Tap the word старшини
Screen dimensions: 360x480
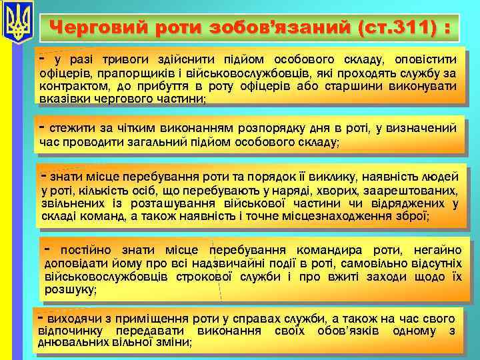click(371, 86)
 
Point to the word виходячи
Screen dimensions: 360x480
click(71, 319)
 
